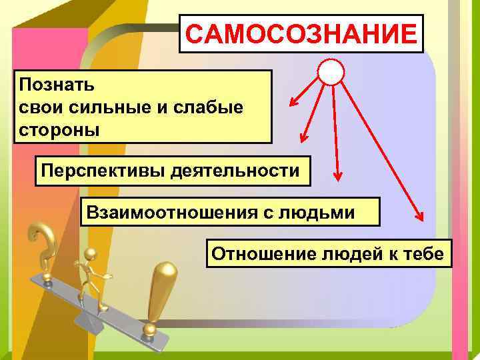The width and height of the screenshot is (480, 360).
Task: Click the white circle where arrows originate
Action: tap(331, 71)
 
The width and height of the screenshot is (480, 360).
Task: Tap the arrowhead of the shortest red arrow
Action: tap(291, 104)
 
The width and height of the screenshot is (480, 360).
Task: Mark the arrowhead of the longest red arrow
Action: tap(420, 216)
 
